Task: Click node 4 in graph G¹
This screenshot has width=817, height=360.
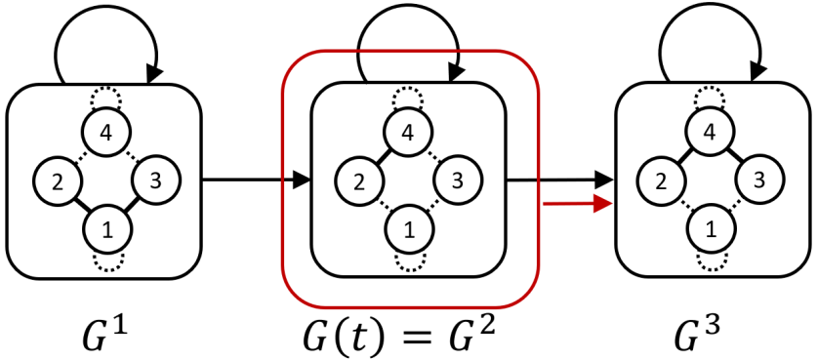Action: [103, 133]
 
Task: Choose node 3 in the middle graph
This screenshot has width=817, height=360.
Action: [455, 180]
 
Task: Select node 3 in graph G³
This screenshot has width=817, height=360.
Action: [759, 180]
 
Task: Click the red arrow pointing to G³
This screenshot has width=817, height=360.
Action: [576, 203]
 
